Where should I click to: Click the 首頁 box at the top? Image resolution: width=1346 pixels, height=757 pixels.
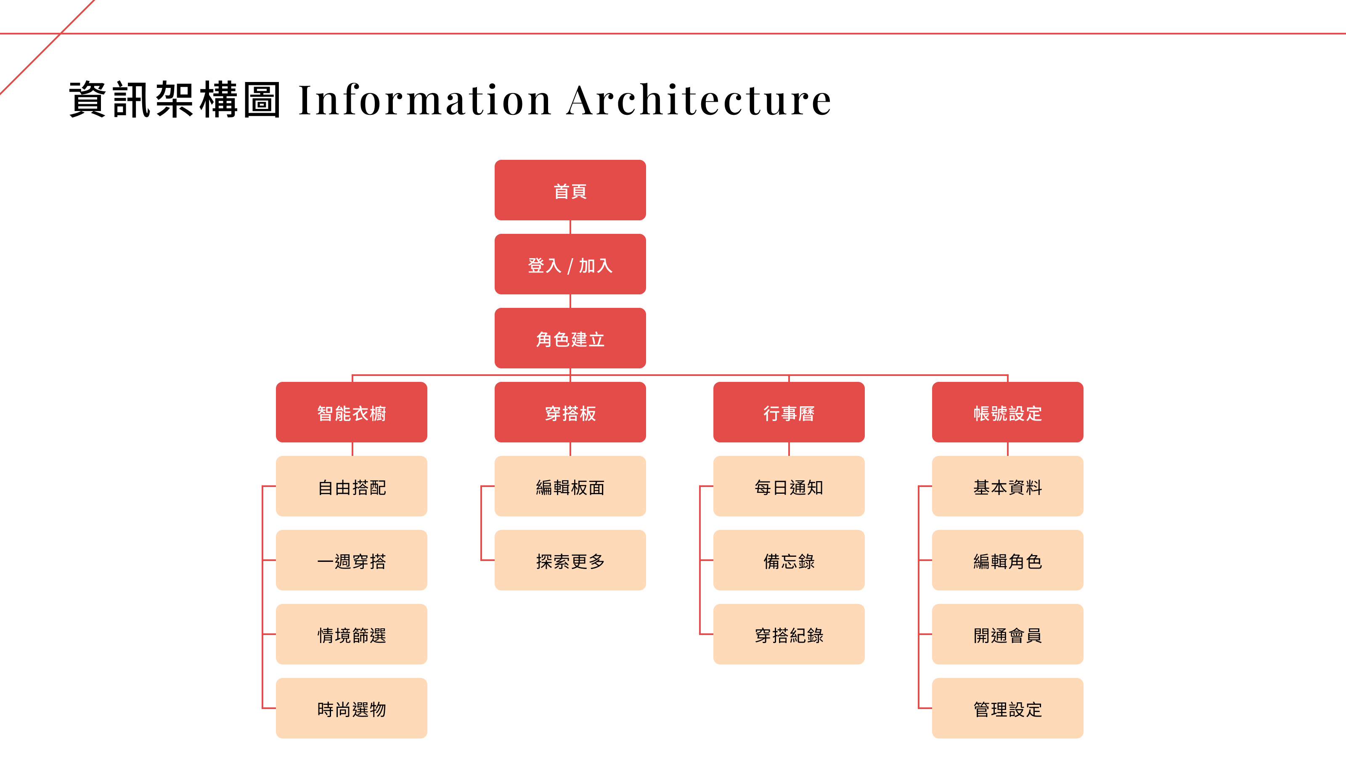point(570,190)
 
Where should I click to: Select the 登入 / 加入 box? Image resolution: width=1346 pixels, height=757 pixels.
point(570,265)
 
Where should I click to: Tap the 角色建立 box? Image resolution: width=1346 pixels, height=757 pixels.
point(570,338)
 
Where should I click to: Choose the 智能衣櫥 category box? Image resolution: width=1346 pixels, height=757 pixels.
point(352,412)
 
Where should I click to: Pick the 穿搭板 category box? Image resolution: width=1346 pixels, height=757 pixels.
point(570,412)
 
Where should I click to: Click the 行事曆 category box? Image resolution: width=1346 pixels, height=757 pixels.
point(789,412)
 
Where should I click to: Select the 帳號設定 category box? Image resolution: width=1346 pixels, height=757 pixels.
point(1007,412)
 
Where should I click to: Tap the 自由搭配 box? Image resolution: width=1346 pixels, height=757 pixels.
point(352,487)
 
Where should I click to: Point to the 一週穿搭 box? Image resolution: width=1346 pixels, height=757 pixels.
point(352,560)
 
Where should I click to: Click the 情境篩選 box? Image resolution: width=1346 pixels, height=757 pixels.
point(352,634)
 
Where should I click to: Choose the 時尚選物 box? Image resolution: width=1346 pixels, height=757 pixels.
point(352,708)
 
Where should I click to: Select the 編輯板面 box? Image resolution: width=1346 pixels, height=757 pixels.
point(570,487)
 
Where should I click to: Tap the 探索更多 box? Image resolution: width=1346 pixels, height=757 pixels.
point(570,560)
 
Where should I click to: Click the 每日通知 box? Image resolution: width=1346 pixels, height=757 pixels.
point(789,487)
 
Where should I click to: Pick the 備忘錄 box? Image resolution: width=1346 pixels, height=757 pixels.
point(789,560)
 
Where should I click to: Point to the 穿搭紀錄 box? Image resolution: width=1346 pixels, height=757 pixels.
point(789,634)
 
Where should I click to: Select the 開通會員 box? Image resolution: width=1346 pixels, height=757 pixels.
point(1007,634)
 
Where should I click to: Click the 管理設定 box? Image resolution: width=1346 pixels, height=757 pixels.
point(1007,708)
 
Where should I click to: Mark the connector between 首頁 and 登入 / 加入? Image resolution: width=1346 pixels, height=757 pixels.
point(570,227)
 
